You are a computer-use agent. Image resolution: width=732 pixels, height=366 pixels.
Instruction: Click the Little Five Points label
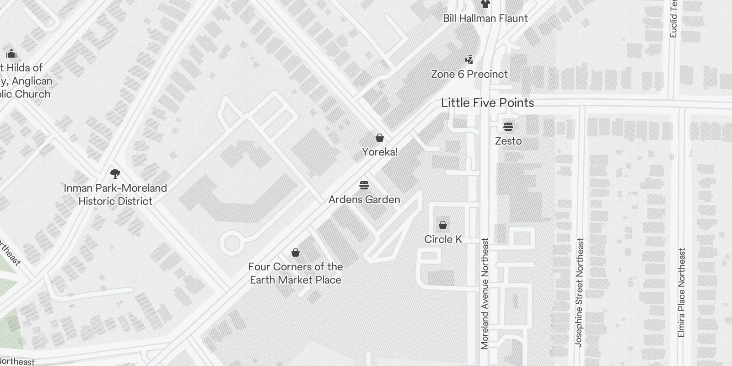[x=487, y=103]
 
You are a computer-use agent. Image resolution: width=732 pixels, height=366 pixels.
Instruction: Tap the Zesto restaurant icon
[x=508, y=126]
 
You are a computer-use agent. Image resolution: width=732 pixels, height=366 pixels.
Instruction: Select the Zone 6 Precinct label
[x=469, y=74]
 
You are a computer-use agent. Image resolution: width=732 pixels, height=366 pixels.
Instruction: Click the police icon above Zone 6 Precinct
[x=469, y=59]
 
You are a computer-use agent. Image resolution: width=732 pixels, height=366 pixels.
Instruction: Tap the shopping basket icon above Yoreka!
[x=379, y=138]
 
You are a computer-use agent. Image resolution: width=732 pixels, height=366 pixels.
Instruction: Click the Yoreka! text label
[x=380, y=152]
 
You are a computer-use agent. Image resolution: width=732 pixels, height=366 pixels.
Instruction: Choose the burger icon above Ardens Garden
[x=364, y=185]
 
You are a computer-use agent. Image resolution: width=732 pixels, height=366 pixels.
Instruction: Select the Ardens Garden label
[x=364, y=199]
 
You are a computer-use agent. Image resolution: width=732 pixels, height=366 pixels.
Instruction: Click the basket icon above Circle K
[x=442, y=225]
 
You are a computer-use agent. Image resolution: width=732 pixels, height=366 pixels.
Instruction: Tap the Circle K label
[x=443, y=239]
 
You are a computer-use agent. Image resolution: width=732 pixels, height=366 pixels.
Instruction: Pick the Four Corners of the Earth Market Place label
[x=296, y=273]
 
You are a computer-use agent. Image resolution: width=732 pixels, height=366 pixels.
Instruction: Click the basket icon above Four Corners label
[x=296, y=253]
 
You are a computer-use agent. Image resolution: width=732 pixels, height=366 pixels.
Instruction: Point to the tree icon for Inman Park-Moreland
[x=115, y=174]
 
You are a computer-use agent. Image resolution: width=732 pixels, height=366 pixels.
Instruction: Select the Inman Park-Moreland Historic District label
[x=115, y=194]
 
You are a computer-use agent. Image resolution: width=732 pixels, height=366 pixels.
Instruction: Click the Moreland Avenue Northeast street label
[x=485, y=293]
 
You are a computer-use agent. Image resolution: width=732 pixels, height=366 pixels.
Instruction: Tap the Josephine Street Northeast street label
[x=579, y=292]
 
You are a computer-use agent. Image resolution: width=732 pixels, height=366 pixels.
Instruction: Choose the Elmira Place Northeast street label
[x=682, y=293]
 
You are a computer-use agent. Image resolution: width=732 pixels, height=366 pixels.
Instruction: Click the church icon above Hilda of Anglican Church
[x=11, y=54]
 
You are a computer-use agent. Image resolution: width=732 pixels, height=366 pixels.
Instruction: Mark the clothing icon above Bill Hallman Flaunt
[x=485, y=4]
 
